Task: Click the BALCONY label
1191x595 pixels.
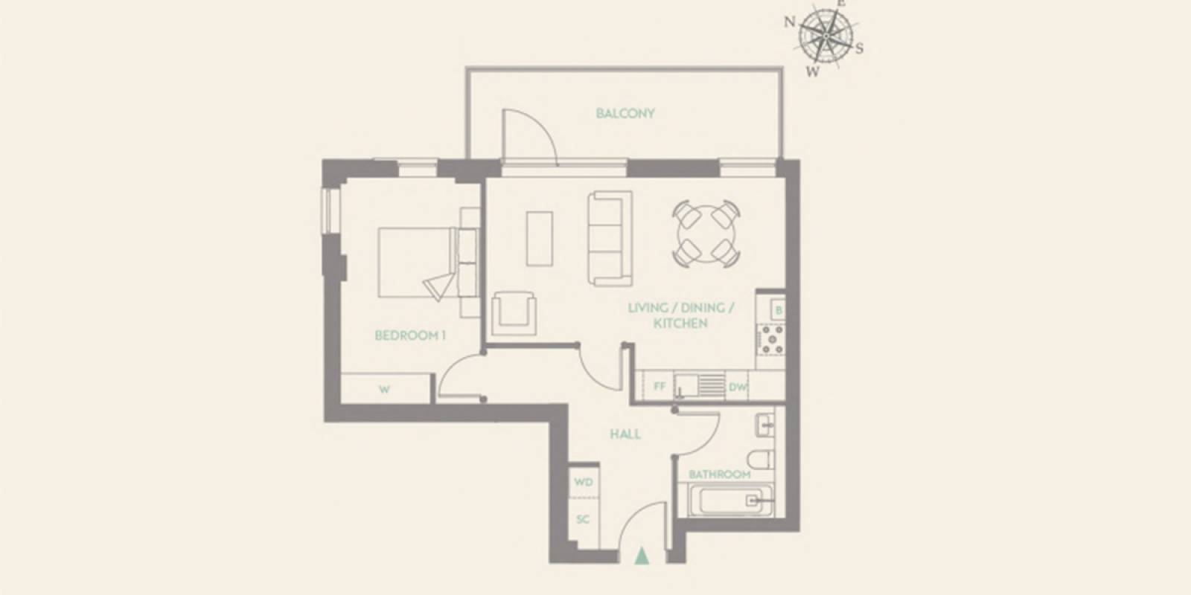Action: coord(625,114)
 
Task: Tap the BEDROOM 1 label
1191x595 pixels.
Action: coord(409,335)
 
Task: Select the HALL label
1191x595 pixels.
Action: coord(625,434)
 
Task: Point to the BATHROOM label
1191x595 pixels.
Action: coord(719,474)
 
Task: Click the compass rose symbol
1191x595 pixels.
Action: coord(826,36)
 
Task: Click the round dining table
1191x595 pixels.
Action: coord(705,235)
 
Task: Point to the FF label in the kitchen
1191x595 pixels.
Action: coord(659,387)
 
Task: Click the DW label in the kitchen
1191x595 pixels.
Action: coord(736,387)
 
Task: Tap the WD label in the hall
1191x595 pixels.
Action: coord(584,483)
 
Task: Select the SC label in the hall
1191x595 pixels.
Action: coord(584,519)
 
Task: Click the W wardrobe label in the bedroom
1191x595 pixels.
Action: coord(384,389)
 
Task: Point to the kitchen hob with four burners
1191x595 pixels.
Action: coord(770,338)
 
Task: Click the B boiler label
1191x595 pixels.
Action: coord(777,309)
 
